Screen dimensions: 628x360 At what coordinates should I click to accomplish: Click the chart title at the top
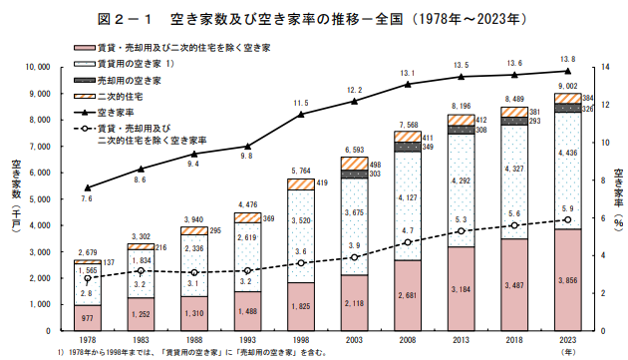pos(312,19)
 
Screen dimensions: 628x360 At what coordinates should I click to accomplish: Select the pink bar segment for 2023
pos(567,280)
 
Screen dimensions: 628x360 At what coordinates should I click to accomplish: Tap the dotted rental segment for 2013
pos(461,190)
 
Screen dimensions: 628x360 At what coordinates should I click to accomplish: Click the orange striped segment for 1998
pos(301,184)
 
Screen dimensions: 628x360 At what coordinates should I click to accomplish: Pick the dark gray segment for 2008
pos(408,147)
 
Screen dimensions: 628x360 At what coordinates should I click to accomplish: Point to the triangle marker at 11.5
pos(301,115)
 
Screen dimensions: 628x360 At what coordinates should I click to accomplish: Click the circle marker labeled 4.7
pos(408,242)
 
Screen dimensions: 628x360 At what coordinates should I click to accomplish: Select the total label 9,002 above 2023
pos(568,86)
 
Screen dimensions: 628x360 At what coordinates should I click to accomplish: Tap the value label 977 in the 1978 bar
pos(87,318)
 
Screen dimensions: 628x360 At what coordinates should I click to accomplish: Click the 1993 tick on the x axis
pos(247,340)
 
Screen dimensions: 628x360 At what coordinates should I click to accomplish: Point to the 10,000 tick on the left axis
pos(38,67)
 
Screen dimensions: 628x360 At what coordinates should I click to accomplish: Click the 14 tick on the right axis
pos(605,67)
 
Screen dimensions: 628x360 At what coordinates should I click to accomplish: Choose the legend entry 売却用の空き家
pos(118,81)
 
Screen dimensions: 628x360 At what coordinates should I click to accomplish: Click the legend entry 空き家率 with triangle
pos(104,113)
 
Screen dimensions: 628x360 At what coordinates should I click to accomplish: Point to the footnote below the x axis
pos(192,353)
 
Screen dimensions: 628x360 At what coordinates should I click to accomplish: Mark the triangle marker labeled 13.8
pos(567,71)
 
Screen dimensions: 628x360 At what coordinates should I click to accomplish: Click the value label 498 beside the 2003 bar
pos(375,165)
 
